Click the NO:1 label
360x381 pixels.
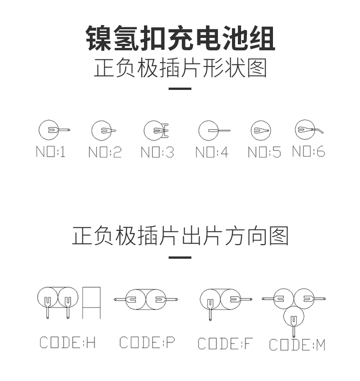click(51, 151)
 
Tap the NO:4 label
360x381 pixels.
click(212, 152)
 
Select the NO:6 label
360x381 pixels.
click(309, 151)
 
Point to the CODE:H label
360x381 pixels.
click(67, 342)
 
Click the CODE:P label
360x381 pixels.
click(147, 342)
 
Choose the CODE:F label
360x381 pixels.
click(225, 344)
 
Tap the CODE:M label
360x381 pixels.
click(297, 345)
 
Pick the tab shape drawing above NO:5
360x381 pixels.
click(261, 130)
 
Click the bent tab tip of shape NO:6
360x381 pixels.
click(323, 133)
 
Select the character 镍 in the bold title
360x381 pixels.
click(99, 38)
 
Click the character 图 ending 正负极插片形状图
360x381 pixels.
click(257, 68)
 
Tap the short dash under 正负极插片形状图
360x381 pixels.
click(180, 89)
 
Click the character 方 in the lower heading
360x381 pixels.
click(234, 236)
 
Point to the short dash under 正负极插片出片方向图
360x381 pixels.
click(180, 257)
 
